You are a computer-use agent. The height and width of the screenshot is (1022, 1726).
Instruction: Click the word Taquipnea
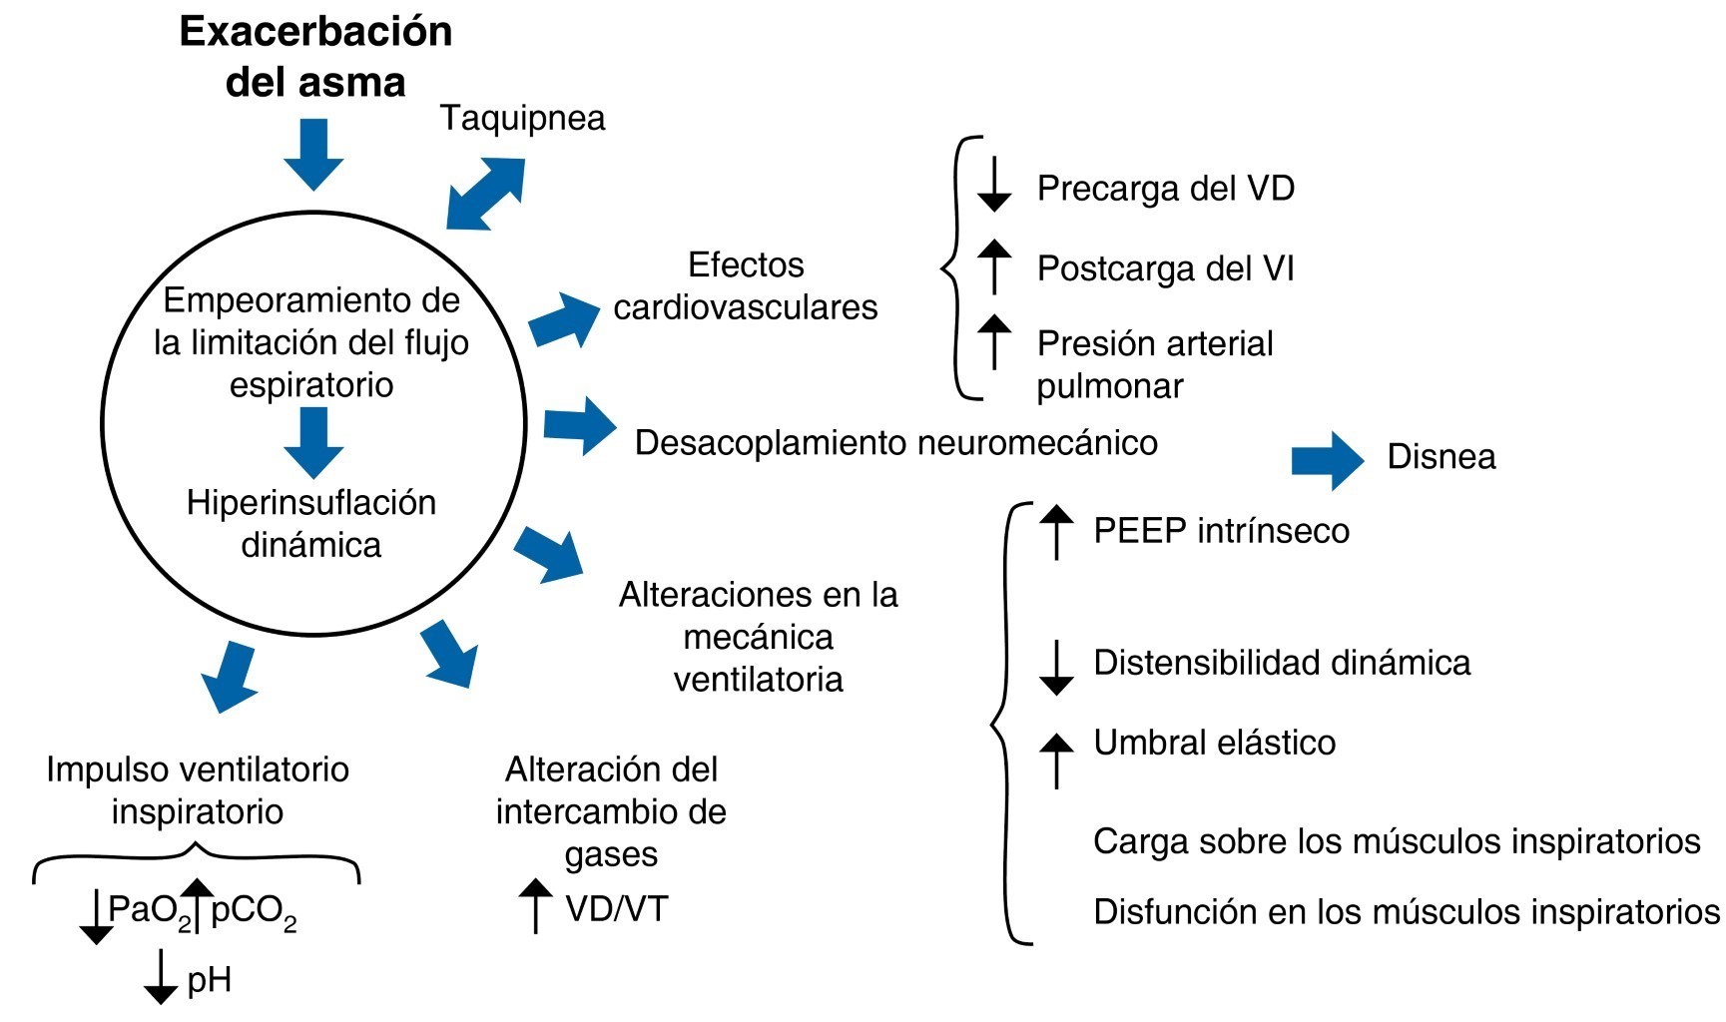pos(522,118)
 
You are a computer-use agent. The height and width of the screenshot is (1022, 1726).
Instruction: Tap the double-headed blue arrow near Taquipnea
pos(485,193)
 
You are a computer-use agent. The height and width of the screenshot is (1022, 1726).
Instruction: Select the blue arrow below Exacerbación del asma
pos(313,154)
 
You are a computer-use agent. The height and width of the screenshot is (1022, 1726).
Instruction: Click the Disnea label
pos(1440,457)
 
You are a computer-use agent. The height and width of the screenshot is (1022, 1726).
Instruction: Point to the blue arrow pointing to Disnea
pos(1327,460)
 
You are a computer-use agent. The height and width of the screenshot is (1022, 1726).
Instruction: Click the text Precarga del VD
pos(1165,189)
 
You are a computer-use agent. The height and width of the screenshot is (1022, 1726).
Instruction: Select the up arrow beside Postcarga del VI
pos(993,266)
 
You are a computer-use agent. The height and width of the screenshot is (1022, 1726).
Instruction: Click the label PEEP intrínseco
pos(1221,530)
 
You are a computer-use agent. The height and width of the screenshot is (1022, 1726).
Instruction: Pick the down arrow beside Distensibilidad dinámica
pos(1056,668)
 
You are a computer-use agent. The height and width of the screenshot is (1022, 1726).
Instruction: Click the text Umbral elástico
pos(1214,743)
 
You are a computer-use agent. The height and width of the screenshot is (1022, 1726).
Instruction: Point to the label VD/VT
pos(616,908)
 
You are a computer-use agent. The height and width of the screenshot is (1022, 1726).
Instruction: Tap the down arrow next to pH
pos(160,977)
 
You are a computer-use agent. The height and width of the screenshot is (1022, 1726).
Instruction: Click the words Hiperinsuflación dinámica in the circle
pos(311,523)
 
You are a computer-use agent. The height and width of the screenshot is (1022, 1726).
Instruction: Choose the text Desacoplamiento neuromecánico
pos(895,442)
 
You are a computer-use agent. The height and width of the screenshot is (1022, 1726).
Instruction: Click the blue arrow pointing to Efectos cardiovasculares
pos(563,319)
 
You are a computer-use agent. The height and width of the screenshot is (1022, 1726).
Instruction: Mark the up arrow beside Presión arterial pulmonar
pos(993,341)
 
